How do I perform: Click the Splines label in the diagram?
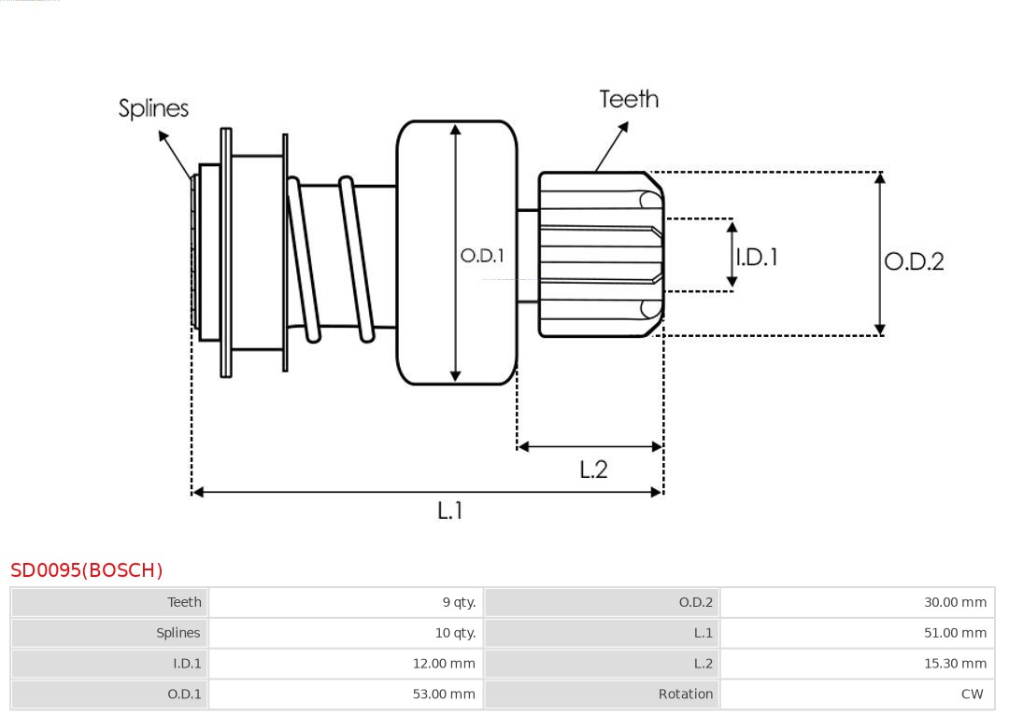(153, 108)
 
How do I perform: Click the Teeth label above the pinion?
(629, 99)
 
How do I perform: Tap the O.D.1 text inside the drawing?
(482, 255)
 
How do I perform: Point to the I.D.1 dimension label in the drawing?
(757, 257)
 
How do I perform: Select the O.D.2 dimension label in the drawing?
(914, 261)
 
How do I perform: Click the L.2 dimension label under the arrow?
(593, 470)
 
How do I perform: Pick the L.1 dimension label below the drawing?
(450, 511)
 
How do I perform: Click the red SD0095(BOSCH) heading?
(87, 570)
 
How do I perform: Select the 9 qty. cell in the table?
(459, 602)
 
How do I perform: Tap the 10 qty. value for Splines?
(455, 633)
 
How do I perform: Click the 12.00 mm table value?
(444, 664)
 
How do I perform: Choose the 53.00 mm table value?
(444, 695)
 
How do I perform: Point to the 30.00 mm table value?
(955, 602)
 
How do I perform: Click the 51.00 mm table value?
(955, 633)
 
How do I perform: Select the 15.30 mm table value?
(955, 664)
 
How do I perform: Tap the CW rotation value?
(972, 695)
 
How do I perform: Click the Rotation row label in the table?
(685, 695)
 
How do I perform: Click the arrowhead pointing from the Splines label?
(163, 136)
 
